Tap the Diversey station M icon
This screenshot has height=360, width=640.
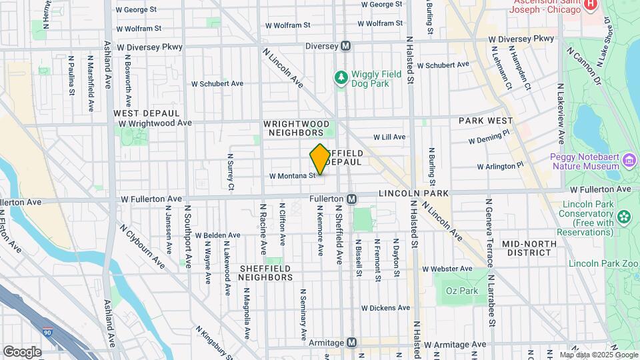point(346,46)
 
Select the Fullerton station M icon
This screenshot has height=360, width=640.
point(351,199)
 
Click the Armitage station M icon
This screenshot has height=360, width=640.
point(351,342)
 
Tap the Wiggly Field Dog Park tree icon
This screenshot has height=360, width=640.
point(341,79)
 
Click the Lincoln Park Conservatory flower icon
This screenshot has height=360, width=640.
point(624,216)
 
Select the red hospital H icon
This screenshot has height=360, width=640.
point(590,5)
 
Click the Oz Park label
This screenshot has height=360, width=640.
point(462,291)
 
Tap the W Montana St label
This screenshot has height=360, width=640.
point(292,176)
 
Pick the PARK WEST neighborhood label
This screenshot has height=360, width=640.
point(485,121)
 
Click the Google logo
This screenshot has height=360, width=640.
point(22,351)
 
